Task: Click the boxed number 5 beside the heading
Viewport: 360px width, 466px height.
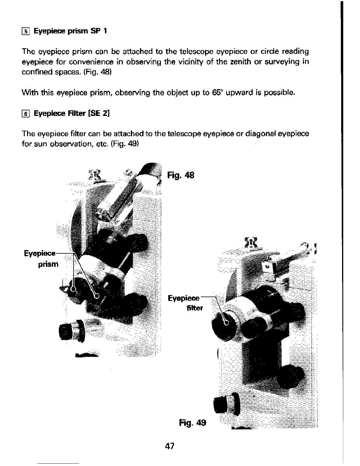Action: (26, 31)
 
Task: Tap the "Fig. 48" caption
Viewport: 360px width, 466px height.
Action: (181, 175)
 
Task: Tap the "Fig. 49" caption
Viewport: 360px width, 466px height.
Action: (193, 423)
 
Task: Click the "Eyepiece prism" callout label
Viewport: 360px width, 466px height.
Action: (41, 259)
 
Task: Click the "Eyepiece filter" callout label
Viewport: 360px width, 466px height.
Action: (185, 303)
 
